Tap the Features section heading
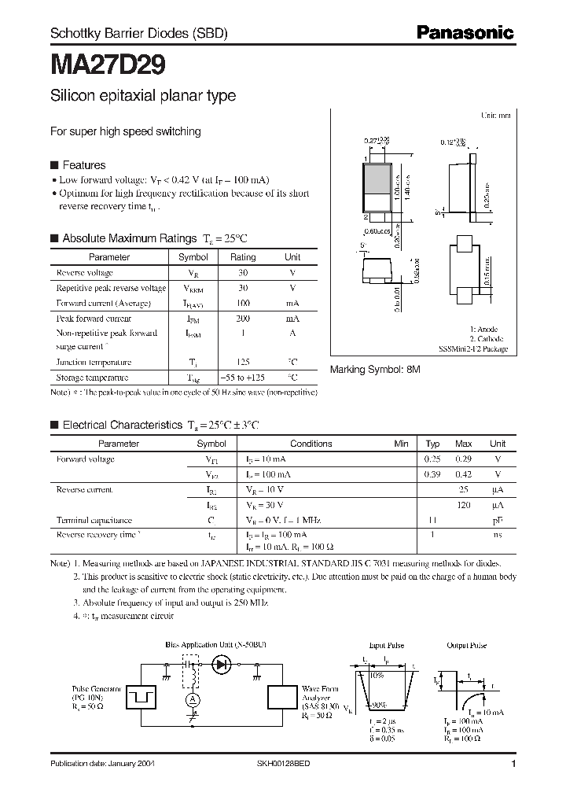(x=83, y=165)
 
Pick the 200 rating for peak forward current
(x=243, y=319)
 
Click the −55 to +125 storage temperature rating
(x=243, y=378)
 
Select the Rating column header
(x=243, y=257)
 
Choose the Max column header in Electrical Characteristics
(x=464, y=444)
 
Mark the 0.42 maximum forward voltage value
(x=464, y=474)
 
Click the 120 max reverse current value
(x=464, y=505)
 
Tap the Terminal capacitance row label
(x=94, y=520)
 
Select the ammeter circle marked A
(x=189, y=699)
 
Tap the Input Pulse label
(x=387, y=646)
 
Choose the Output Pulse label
(x=467, y=646)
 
